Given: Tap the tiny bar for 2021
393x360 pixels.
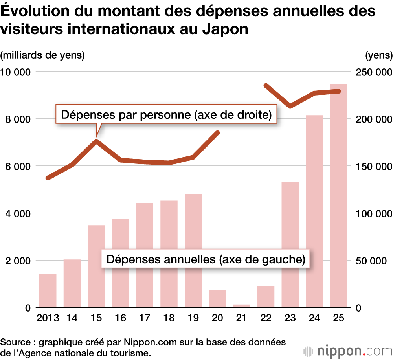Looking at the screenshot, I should [x=241, y=305].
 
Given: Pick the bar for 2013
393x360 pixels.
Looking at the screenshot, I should [x=48, y=290].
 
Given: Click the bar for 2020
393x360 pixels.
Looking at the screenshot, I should [x=217, y=298].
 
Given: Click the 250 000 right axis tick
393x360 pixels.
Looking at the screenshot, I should [x=373, y=72].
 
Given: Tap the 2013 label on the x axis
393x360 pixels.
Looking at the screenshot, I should [x=48, y=318].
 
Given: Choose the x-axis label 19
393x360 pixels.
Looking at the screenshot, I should [x=193, y=318].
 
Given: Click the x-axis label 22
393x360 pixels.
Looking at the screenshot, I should [x=266, y=318].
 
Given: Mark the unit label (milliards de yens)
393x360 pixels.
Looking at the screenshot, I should [x=43, y=55].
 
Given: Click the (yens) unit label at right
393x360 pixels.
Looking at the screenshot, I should [x=378, y=55].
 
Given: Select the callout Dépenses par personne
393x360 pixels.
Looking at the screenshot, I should [x=167, y=115].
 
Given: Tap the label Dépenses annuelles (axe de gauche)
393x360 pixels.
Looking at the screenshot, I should [x=206, y=259].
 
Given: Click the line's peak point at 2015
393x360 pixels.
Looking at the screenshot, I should [x=96, y=141].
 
